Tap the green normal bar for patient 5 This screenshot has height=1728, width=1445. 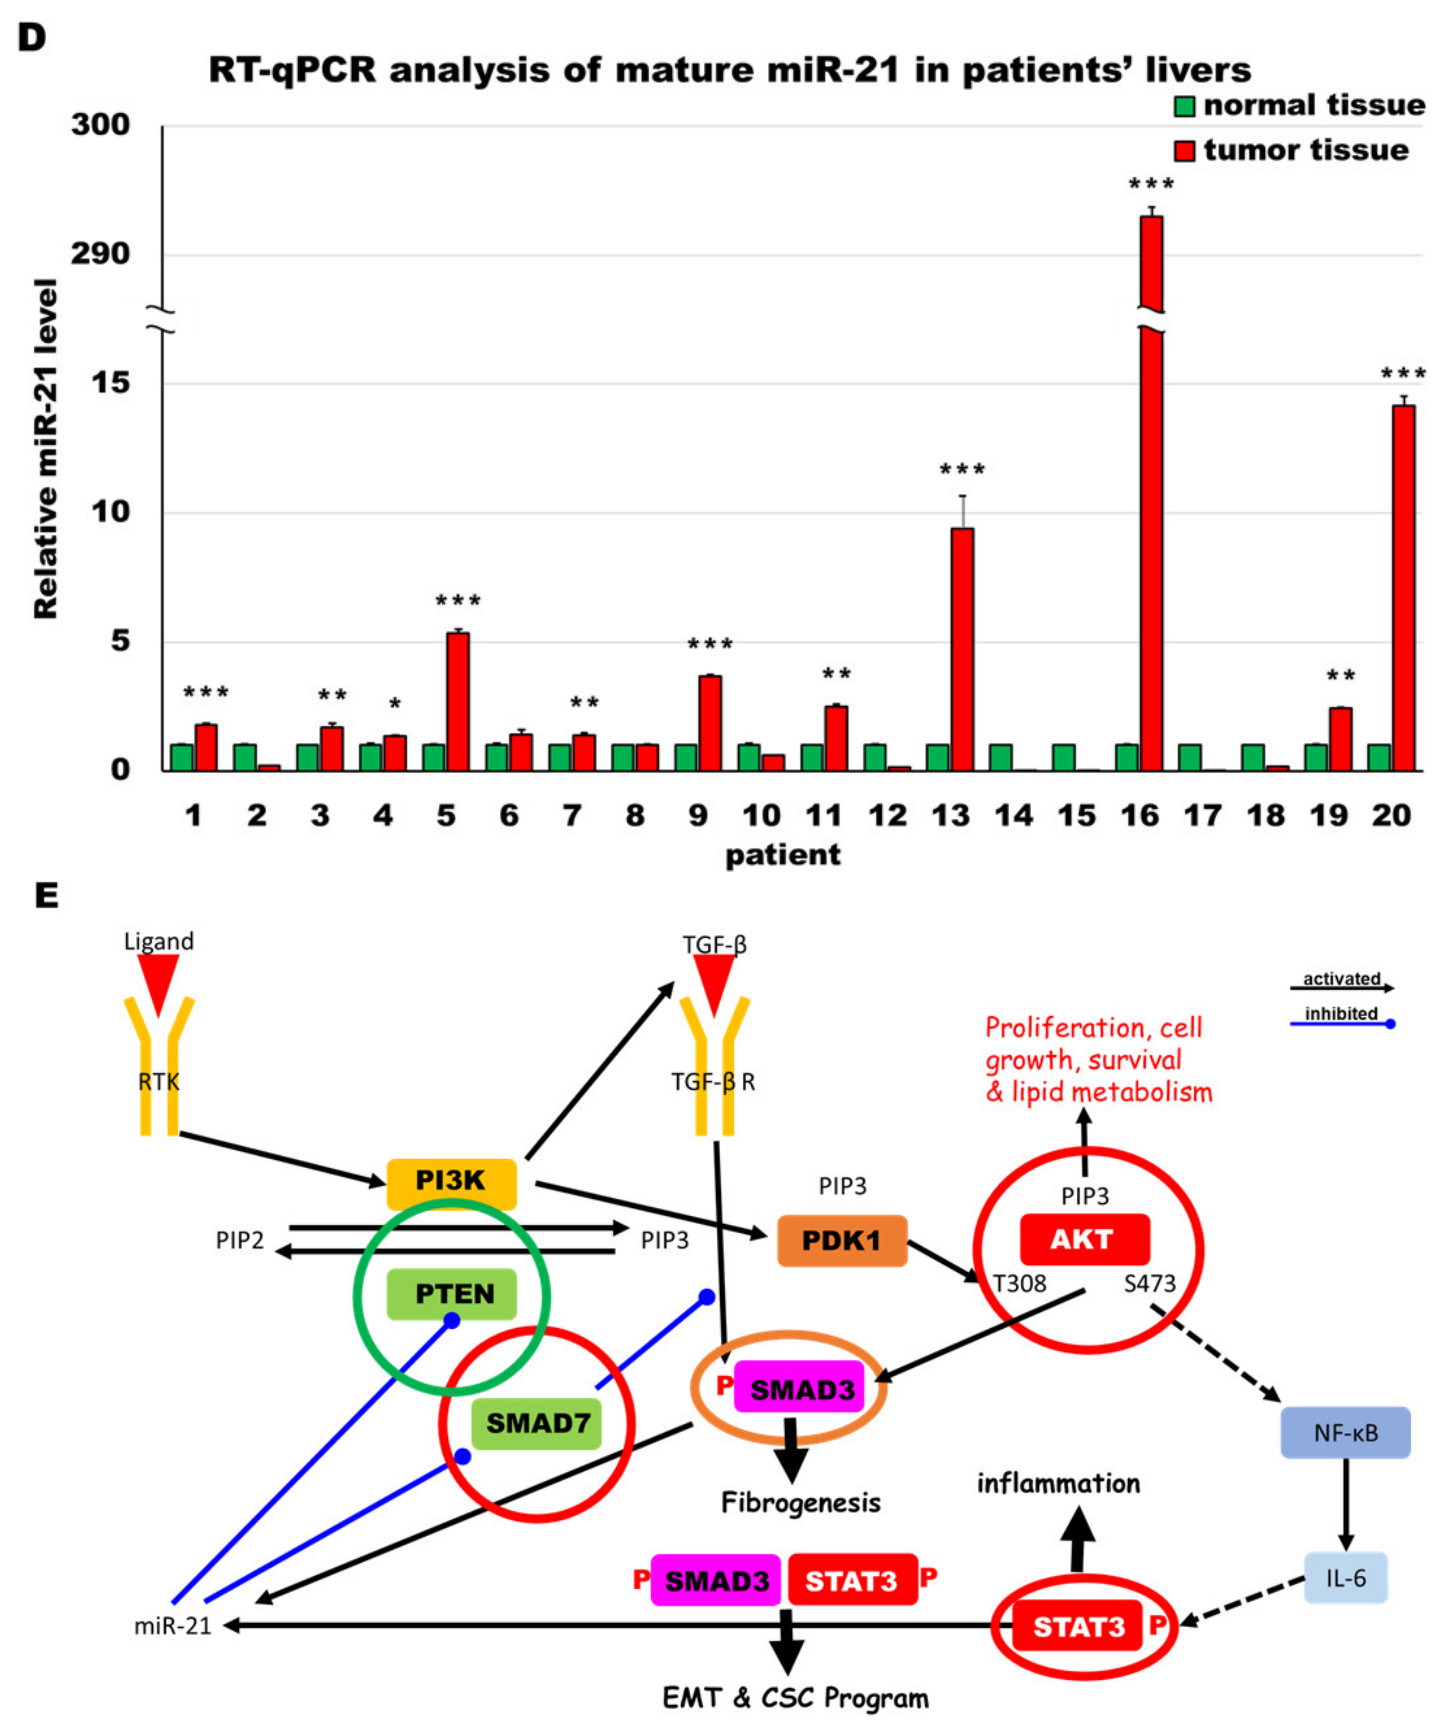coord(434,757)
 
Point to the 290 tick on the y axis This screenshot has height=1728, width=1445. coord(100,254)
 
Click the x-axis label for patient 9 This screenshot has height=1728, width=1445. coord(698,816)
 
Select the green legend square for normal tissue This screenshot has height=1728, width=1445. coord(1184,106)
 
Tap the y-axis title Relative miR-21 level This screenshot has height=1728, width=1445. coord(46,449)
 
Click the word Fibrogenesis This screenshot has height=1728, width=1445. coord(800,1503)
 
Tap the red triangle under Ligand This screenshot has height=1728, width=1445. coord(158,983)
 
